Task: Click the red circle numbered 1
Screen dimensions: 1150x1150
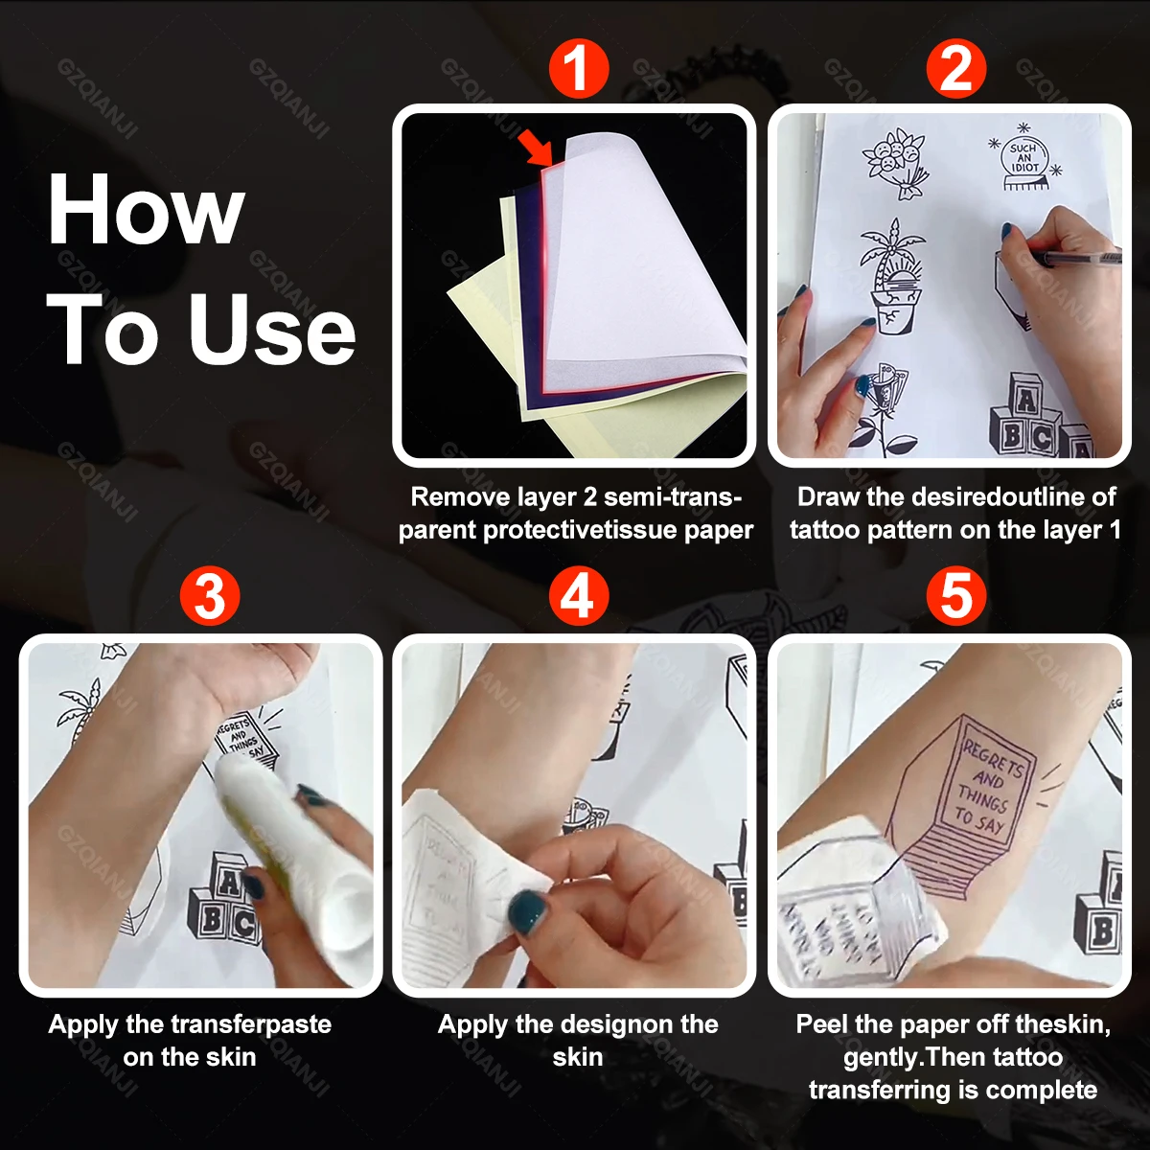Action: pyautogui.click(x=578, y=68)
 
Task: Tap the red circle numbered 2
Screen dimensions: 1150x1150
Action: pyautogui.click(x=955, y=68)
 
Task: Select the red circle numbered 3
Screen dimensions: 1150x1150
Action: pyautogui.click(x=210, y=596)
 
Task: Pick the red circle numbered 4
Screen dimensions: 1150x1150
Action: pyautogui.click(x=578, y=596)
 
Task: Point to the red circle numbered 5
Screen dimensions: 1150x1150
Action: pyautogui.click(x=955, y=596)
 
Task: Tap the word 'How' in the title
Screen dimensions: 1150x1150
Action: pyautogui.click(x=146, y=211)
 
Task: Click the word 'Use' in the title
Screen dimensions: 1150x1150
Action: pyautogui.click(x=272, y=329)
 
